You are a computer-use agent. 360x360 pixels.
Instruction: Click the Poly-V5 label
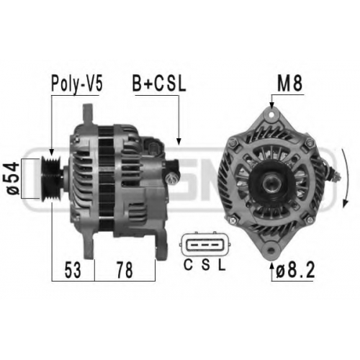[77, 84]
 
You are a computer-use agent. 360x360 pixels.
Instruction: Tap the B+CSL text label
[159, 84]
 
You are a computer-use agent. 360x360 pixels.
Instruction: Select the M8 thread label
[289, 84]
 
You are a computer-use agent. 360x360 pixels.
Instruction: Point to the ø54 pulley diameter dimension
[13, 179]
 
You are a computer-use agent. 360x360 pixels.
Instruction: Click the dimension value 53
[73, 270]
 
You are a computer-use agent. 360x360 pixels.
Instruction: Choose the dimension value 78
[125, 270]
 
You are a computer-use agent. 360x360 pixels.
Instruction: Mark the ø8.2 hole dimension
[295, 271]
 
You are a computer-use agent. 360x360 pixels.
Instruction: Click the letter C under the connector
[188, 265]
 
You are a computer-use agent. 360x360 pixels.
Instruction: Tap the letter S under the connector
[205, 265]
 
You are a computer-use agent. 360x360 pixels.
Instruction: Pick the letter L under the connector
[222, 265]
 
